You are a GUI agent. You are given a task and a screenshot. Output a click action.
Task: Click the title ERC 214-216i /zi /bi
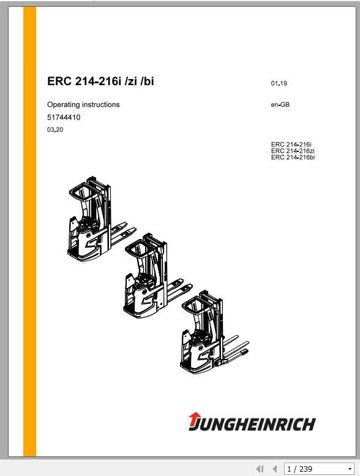click(x=100, y=81)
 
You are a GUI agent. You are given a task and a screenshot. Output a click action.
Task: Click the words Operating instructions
click(x=83, y=105)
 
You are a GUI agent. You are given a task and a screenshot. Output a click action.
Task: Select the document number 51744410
click(x=64, y=117)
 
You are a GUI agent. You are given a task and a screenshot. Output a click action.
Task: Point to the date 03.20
click(x=54, y=130)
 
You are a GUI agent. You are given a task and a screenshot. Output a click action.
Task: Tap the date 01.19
click(x=279, y=83)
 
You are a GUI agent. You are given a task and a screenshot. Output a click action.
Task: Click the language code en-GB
click(x=280, y=105)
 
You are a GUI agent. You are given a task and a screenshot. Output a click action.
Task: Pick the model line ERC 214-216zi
click(x=293, y=151)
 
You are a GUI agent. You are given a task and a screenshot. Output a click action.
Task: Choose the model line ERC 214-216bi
click(x=293, y=157)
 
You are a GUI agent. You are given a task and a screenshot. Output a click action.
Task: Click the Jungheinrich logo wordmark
click(x=258, y=423)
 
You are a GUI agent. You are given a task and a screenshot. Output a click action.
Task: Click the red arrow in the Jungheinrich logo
click(x=193, y=420)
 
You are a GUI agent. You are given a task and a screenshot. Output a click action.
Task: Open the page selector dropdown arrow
click(x=350, y=469)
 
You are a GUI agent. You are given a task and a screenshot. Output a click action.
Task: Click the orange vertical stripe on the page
click(x=29, y=233)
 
